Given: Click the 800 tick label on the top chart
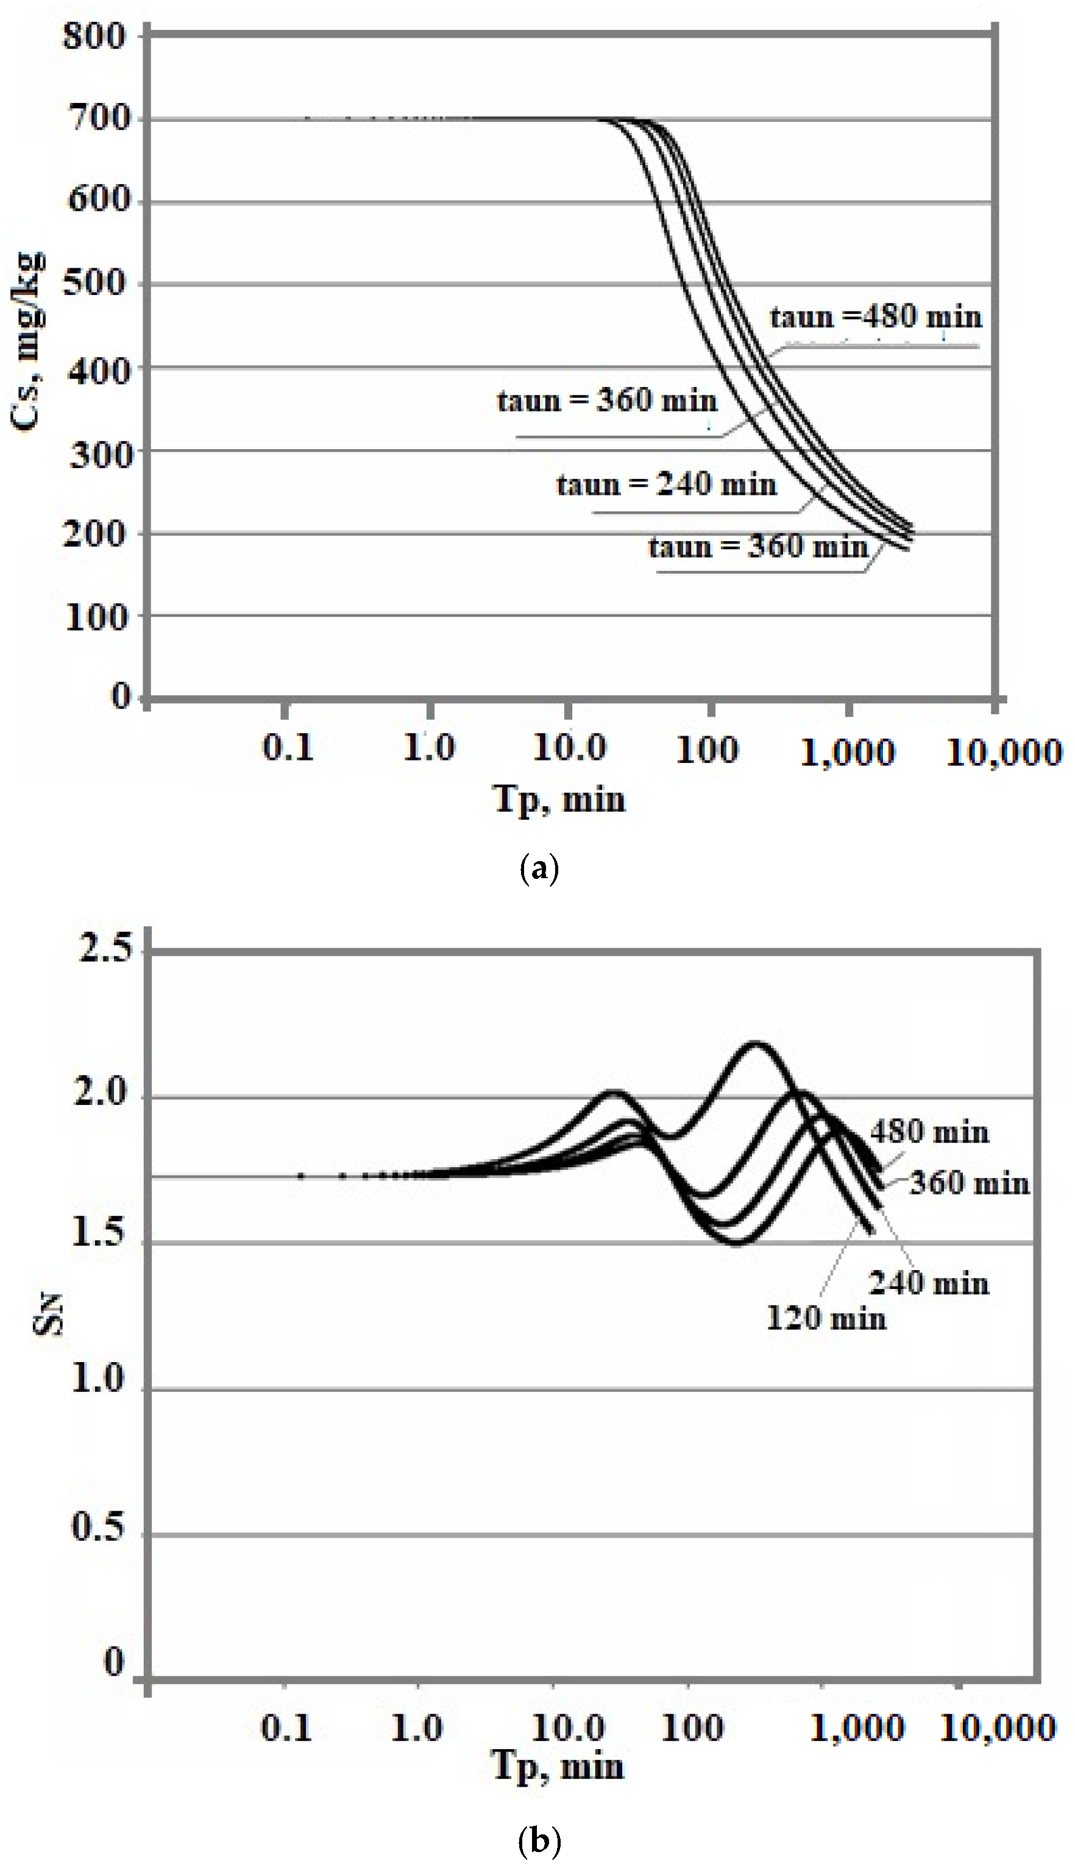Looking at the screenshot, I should tap(94, 35).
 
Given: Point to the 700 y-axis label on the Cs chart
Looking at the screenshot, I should tap(98, 118).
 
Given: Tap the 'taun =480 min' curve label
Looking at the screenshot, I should tap(876, 318).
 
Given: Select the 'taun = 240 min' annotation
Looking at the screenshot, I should tap(667, 485).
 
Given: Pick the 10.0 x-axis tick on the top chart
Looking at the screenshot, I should tap(568, 749).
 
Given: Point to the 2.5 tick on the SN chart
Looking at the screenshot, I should tap(105, 947).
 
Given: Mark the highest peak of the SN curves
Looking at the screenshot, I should tap(754, 1044).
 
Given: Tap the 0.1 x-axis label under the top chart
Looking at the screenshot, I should tap(288, 749).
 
